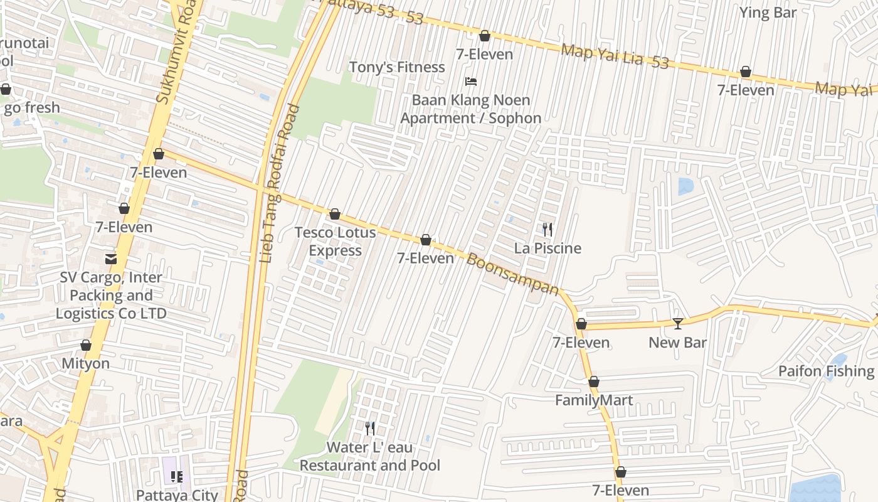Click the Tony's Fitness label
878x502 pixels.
click(x=396, y=67)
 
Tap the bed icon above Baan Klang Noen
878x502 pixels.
click(x=470, y=82)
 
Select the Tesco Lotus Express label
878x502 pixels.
click(x=336, y=242)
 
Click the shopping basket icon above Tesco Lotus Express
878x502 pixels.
click(x=335, y=215)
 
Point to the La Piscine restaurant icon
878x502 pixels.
click(x=547, y=230)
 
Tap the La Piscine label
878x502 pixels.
click(x=547, y=248)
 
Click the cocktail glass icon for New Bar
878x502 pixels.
click(x=677, y=324)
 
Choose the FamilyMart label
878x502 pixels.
click(x=593, y=400)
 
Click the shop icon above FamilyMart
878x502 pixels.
click(x=593, y=382)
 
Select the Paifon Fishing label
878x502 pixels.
click(x=826, y=371)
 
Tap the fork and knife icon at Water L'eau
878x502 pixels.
click(x=370, y=429)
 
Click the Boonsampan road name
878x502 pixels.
click(x=512, y=274)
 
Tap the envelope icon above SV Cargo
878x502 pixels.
click(x=111, y=259)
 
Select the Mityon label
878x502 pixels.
click(x=85, y=364)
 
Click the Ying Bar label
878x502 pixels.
click(x=767, y=13)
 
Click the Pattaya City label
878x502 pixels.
click(x=177, y=494)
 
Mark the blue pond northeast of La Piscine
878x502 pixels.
click(x=685, y=186)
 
